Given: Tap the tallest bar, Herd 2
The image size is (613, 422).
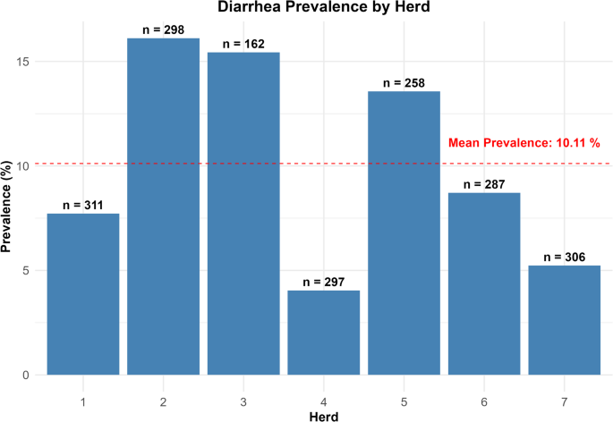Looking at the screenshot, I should coord(163,206).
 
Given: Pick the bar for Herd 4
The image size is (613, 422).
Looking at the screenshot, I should coord(323,332).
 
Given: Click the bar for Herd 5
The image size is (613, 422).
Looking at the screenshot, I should coord(404,232).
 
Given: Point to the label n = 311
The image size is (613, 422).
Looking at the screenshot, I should coord(83,206).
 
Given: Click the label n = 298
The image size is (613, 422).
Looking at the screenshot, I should coord(163,30).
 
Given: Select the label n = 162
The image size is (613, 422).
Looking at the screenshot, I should coord(243,44).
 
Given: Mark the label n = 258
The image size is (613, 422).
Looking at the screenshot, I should coord(404,83).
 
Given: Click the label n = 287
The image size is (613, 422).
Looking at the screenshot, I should coord(483,185).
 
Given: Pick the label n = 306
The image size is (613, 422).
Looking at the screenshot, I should coord(564,257).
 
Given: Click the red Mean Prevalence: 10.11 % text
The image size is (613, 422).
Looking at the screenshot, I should coord(524,143).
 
